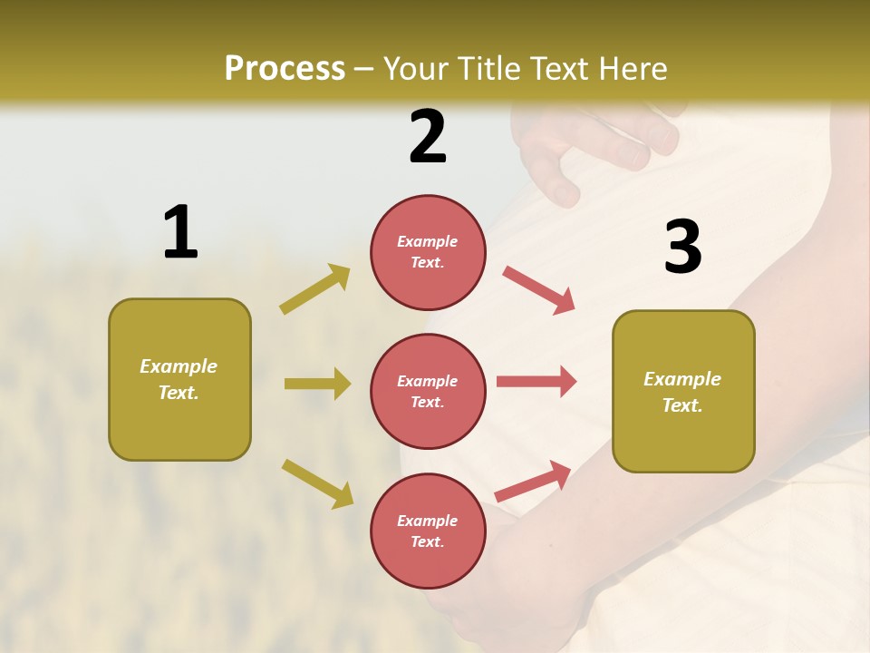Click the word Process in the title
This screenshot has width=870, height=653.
[285, 68]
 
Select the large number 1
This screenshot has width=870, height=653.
[180, 233]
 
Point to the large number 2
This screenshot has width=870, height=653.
[428, 137]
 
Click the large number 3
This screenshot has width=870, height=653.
[682, 248]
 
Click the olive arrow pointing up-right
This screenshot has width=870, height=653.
[314, 289]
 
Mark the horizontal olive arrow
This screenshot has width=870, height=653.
[316, 384]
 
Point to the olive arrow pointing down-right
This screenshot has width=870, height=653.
[317, 482]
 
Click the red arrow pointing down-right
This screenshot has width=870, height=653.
[538, 290]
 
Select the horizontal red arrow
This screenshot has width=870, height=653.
[536, 381]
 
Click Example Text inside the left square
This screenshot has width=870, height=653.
[179, 379]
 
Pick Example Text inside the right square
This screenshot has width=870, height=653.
[682, 392]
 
